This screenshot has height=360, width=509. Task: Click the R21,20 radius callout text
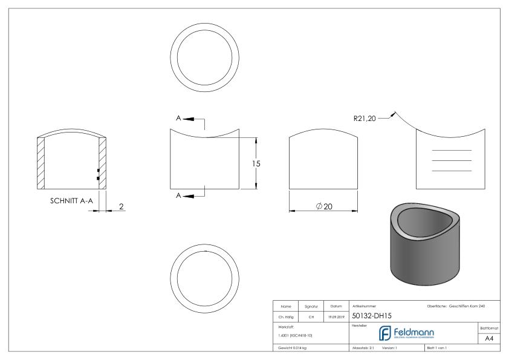pos(365,118)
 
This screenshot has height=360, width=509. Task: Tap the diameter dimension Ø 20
pos(325,206)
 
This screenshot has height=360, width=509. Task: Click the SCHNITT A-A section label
pos(70,202)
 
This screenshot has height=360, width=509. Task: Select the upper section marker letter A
pos(178,118)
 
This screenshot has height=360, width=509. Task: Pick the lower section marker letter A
pos(178,195)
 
